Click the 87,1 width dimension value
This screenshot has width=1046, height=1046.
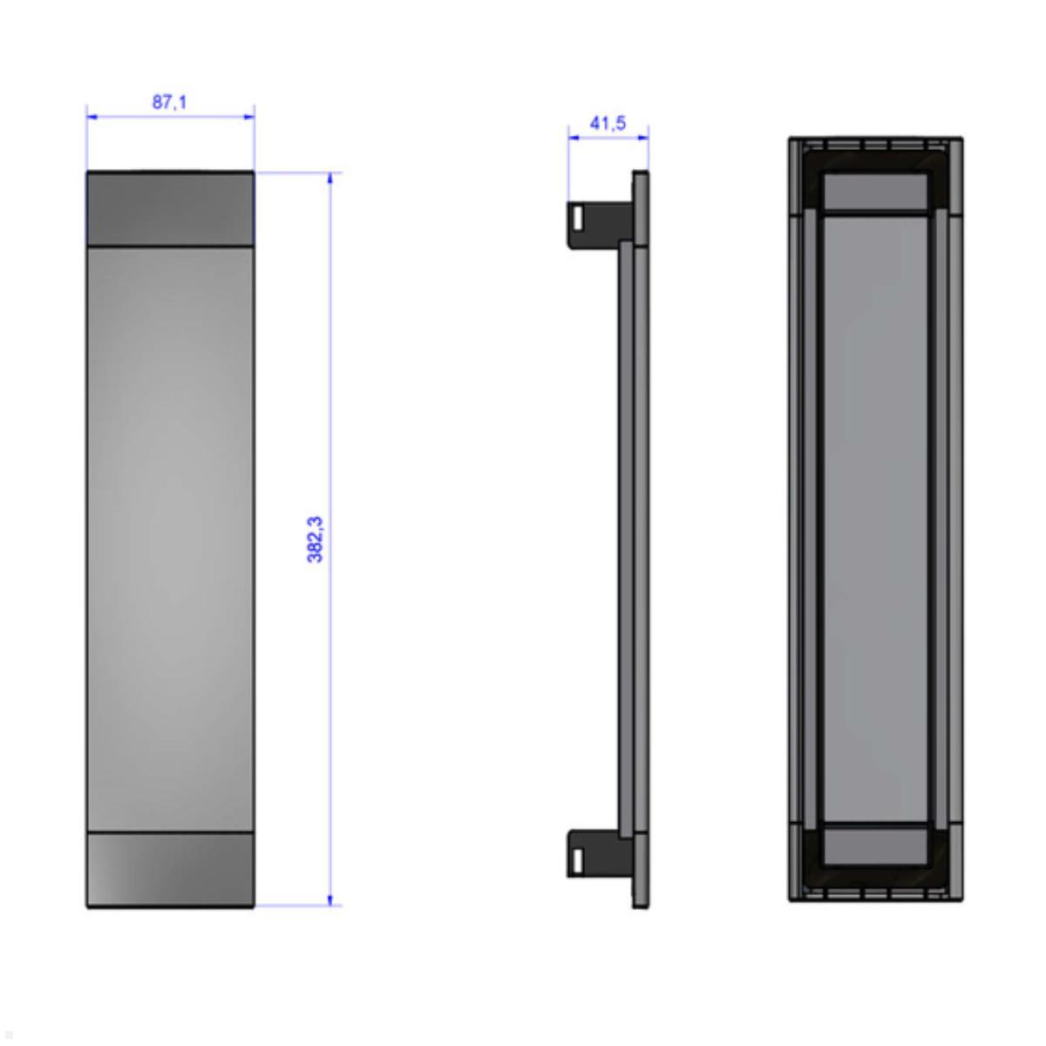tap(170, 103)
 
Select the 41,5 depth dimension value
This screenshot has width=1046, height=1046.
tap(608, 124)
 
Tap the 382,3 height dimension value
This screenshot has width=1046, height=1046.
tap(316, 539)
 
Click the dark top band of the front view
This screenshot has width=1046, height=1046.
tap(170, 208)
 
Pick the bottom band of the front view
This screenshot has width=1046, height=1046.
tap(170, 869)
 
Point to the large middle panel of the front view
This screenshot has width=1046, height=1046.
tap(170, 539)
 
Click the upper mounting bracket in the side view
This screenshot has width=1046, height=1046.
tap(598, 224)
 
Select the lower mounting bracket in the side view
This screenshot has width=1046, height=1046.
tap(598, 852)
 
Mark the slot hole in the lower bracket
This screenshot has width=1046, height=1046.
tap(577, 859)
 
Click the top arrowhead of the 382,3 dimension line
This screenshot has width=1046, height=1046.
tap(330, 178)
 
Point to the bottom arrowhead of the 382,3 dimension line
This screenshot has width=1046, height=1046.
tap(330, 900)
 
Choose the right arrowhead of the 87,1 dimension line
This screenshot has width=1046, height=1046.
tap(249, 115)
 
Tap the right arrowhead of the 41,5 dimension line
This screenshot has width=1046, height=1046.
tap(644, 136)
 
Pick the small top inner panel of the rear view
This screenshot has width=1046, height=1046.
tap(875, 192)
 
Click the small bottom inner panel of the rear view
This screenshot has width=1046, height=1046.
tap(875, 845)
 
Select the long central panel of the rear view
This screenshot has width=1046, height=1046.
tap(875, 519)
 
